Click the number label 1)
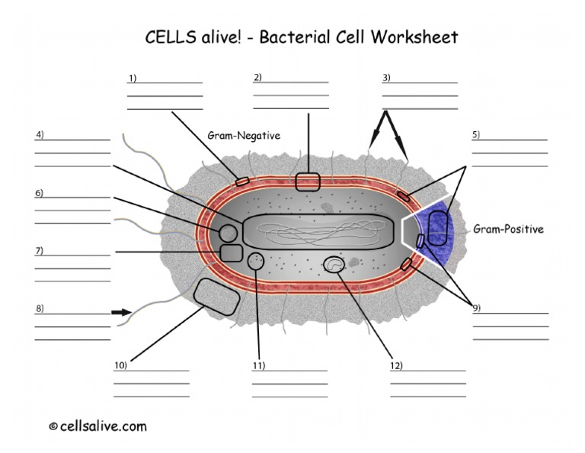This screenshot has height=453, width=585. click(133, 78)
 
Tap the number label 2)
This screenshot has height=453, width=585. click(257, 76)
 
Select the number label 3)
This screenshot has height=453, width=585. click(386, 77)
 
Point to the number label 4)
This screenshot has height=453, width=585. click(40, 135)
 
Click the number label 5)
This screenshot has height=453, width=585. click(476, 135)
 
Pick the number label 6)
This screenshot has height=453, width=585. click(39, 193)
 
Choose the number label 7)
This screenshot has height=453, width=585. click(39, 251)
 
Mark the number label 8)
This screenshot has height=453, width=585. click(39, 308)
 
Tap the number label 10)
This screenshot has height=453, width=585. click(120, 365)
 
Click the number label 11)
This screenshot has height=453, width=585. click(258, 365)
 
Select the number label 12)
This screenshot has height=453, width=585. click(395, 365)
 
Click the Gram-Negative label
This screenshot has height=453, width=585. click(244, 135)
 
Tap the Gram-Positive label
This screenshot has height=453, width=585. click(508, 229)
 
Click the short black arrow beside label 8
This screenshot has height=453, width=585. click(120, 312)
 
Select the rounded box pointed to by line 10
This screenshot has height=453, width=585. click(217, 297)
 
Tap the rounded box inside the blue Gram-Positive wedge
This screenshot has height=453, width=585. click(438, 228)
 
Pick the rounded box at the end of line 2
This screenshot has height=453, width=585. click(308, 182)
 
